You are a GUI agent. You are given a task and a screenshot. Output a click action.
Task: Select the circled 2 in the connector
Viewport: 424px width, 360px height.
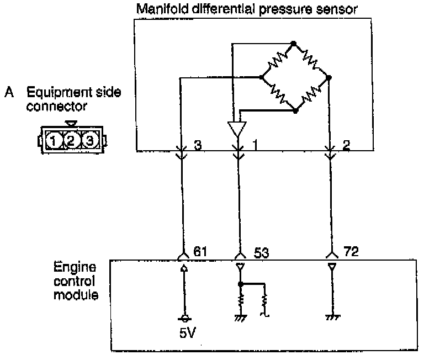[71, 140]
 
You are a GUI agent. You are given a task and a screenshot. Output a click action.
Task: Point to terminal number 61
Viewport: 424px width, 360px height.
[200, 252]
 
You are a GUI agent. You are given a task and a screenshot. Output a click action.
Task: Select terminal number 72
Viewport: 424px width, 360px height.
[351, 252]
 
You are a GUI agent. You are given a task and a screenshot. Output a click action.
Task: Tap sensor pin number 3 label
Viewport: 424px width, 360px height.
[198, 145]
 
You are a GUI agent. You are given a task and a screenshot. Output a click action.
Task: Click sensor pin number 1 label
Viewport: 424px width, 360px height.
[255, 145]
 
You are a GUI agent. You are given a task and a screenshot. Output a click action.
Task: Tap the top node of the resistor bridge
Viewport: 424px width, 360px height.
[294, 43]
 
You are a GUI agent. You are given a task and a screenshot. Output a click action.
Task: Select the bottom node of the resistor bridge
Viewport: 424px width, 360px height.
[295, 111]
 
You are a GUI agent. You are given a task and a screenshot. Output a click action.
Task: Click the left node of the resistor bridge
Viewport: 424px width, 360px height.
[261, 78]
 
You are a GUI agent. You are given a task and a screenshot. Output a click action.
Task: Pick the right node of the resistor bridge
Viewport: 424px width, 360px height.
[329, 78]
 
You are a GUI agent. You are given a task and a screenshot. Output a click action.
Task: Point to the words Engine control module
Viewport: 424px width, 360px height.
[76, 281]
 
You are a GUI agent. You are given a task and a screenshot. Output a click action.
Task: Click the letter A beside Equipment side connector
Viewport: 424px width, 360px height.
[9, 92]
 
